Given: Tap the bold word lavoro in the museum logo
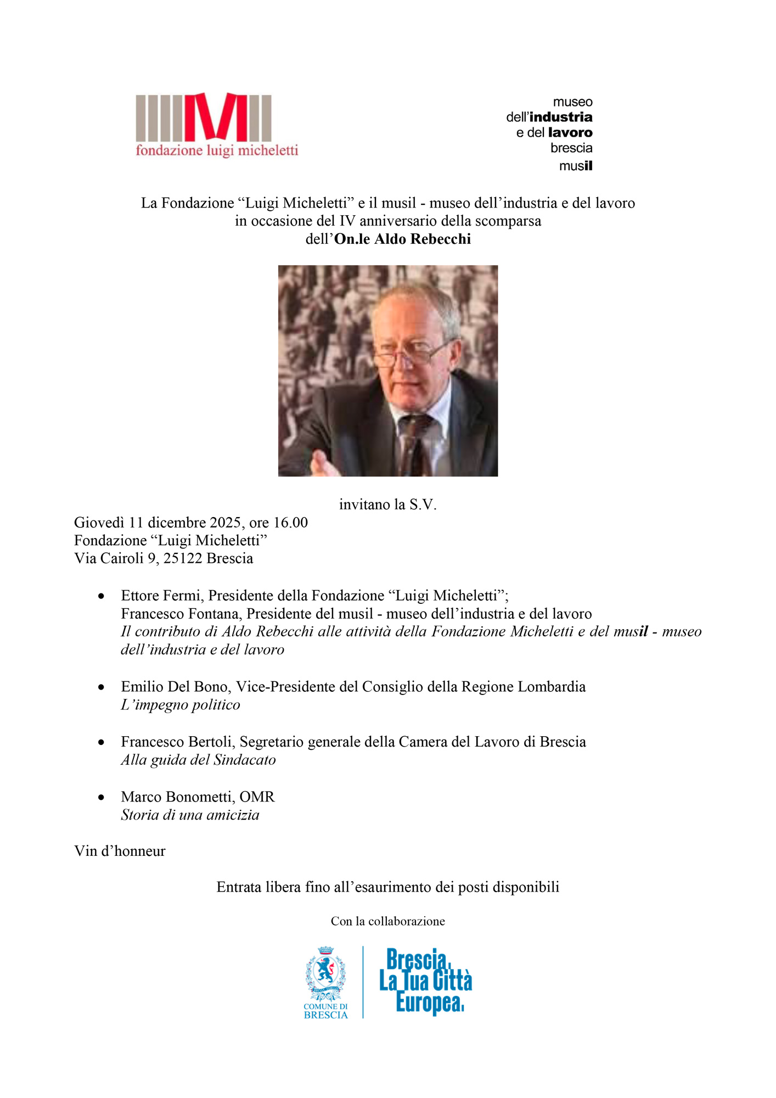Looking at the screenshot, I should (570, 132).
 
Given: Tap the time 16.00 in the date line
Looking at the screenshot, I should (290, 522).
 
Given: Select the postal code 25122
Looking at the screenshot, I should (183, 558).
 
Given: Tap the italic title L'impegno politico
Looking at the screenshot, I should (181, 705).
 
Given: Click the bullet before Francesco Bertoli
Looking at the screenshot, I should (101, 742).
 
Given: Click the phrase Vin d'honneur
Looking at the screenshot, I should (120, 851).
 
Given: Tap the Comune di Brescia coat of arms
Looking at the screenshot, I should (325, 973).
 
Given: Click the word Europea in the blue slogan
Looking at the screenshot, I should (430, 1002).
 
